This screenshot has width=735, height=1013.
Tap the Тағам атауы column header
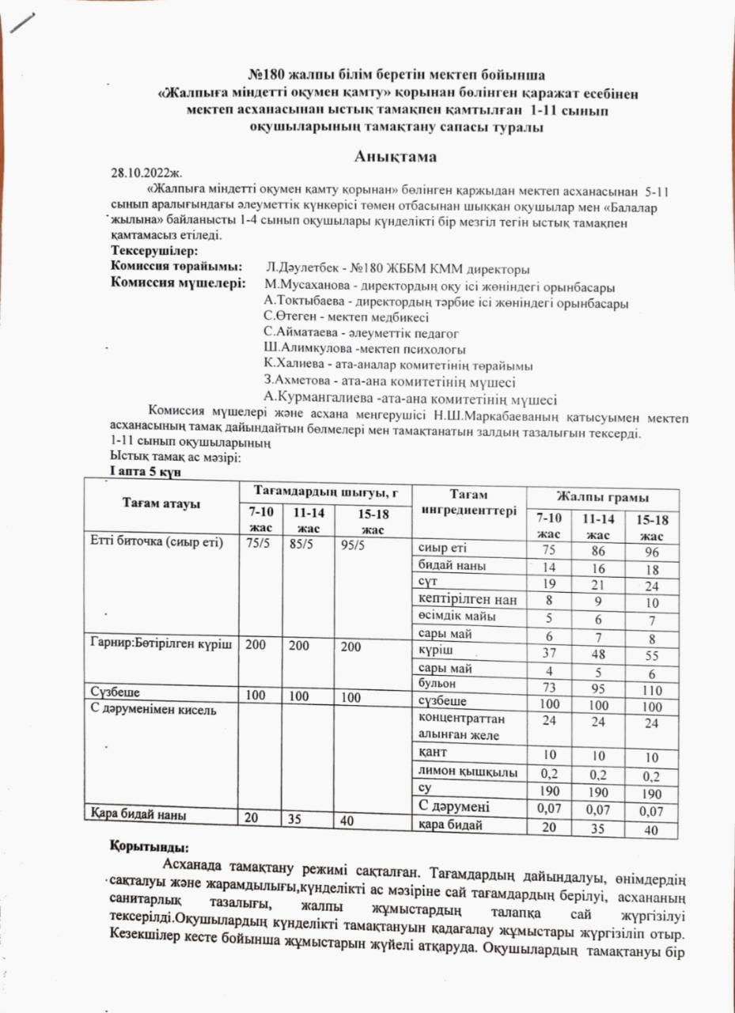[161, 504]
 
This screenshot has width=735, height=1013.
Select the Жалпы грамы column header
[603, 497]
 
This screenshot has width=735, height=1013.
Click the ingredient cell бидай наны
[447, 565]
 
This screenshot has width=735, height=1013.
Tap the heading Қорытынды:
[149, 846]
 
